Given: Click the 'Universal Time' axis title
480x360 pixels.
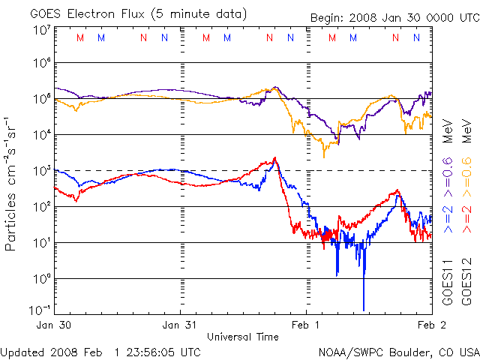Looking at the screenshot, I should pos(242,337).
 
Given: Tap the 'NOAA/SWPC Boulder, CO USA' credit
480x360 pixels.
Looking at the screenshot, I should pos(398,352).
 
